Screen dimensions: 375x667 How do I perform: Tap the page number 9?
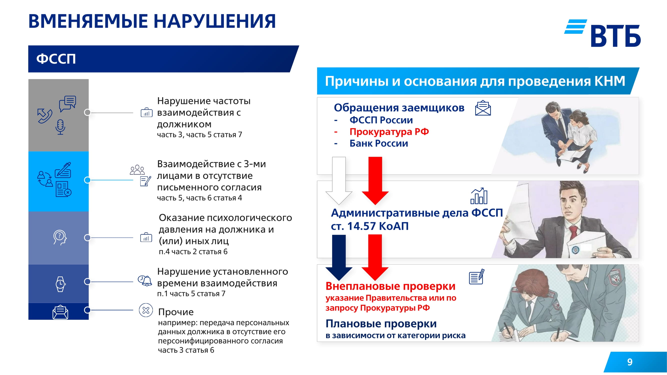click(630, 362)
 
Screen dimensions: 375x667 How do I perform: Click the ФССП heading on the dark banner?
click(56, 59)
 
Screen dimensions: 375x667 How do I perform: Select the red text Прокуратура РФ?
click(389, 132)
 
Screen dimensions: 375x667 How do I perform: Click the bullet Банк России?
click(379, 143)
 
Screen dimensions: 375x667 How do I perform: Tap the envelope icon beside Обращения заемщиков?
click(483, 108)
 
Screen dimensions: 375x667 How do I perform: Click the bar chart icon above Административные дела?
click(479, 196)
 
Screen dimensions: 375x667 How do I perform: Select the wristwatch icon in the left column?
click(60, 284)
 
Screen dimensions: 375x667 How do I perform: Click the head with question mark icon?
click(60, 237)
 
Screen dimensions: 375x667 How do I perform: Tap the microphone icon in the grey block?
click(60, 127)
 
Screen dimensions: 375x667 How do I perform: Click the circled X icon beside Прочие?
click(146, 310)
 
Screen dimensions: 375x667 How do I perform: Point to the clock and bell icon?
click(145, 280)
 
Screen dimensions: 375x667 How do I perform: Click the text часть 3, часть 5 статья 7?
click(199, 135)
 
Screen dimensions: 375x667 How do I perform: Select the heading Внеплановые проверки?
click(390, 286)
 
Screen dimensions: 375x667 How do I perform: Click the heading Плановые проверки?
click(381, 324)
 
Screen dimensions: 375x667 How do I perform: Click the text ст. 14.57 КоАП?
click(369, 226)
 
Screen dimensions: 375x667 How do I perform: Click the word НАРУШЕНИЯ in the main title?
click(215, 21)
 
